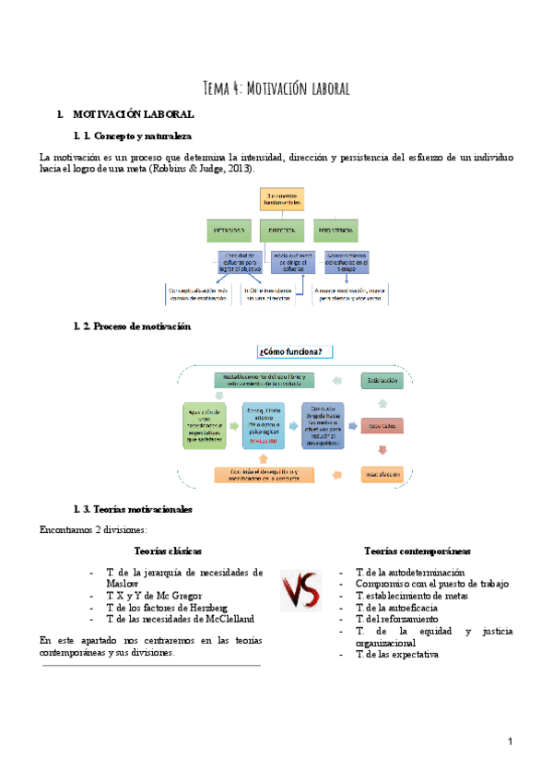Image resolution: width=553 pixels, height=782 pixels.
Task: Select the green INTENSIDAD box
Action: [x=229, y=229]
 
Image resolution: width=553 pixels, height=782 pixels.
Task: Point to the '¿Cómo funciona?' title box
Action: [x=295, y=350]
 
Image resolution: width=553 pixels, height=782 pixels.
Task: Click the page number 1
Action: [x=510, y=742]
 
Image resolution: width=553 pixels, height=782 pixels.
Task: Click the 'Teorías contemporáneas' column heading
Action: [x=418, y=551]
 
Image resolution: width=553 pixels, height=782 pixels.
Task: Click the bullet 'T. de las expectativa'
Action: [x=398, y=654]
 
